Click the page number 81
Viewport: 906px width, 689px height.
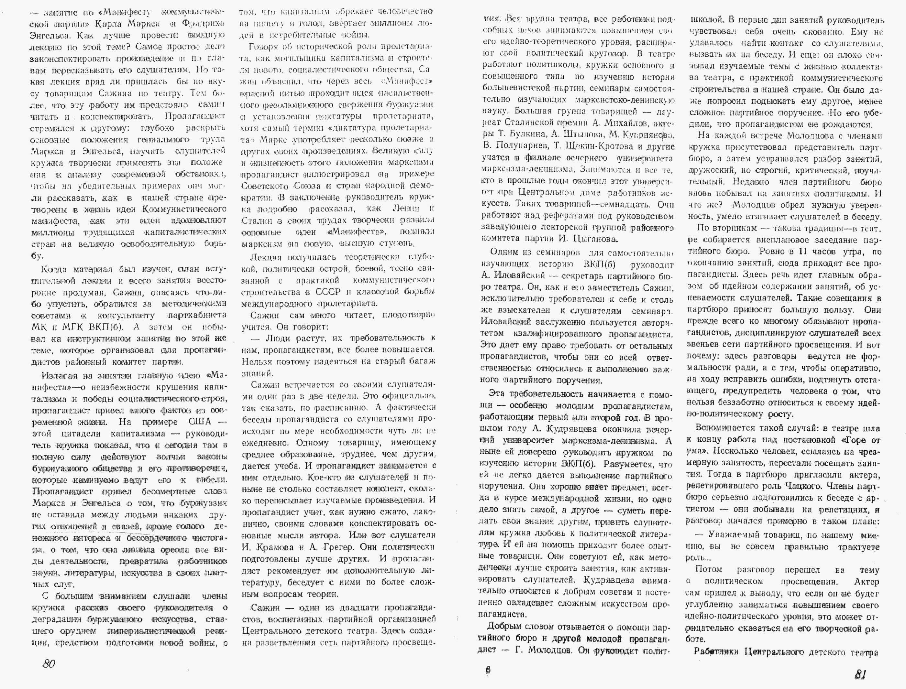(860, 674)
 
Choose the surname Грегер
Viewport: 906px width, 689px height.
(338, 547)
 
